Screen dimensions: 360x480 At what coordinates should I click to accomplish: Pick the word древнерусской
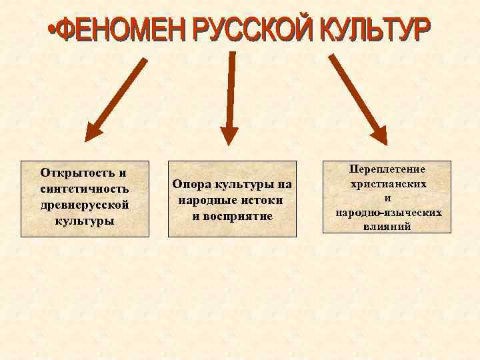(x=83, y=204)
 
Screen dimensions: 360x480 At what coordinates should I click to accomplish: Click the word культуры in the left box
(x=84, y=219)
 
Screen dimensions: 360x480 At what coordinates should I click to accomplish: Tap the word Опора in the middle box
(x=191, y=183)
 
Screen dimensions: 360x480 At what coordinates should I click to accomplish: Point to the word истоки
(x=259, y=199)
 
